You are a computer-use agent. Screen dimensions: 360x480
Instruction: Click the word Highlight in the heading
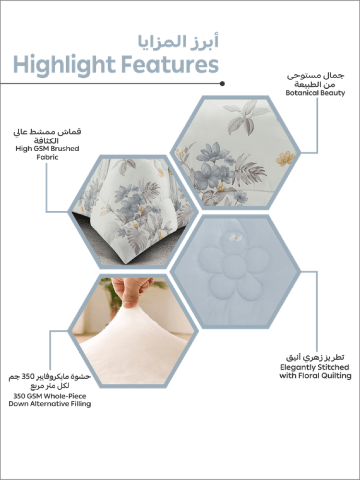pos(64,65)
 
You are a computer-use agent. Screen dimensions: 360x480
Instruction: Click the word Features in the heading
pos(170,64)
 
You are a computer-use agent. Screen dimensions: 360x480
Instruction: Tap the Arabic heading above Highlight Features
pos(178,41)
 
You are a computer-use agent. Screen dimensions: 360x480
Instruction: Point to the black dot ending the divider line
pos(222,84)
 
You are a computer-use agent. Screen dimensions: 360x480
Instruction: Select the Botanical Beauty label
pos(315,93)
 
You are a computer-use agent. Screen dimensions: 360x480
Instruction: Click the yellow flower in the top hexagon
pos(285,158)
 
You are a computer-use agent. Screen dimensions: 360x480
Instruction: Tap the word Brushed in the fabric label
pos(65,149)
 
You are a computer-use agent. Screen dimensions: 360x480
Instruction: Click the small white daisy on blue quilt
pos(235,237)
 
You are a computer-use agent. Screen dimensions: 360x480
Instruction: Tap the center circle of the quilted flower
pos(234,267)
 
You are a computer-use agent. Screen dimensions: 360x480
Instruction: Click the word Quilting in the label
pos(336,376)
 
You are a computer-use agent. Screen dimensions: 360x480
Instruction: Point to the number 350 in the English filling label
pos(20,396)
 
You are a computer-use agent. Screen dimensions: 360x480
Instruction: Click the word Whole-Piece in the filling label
pos(65,396)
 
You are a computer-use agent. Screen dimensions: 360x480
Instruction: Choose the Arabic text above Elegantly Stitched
pos(315,357)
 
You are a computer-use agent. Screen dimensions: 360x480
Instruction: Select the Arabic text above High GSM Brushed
pos(48,136)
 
